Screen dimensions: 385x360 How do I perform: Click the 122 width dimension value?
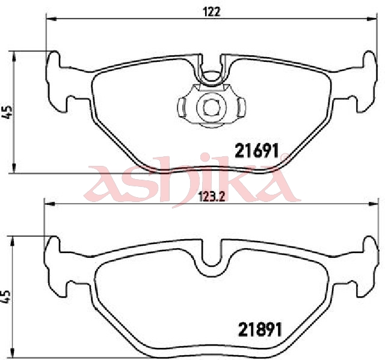pos(211,11)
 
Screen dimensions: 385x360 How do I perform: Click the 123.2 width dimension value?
pos(211,197)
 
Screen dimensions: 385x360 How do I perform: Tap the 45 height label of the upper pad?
pos(7,112)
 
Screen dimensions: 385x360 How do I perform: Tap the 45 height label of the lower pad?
pos(6,296)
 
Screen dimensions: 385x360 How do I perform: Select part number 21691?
pos(257,151)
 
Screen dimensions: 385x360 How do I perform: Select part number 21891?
pos(260,329)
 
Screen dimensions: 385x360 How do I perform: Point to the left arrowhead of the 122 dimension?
pos(52,19)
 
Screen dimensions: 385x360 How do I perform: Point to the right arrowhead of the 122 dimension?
pos(371,19)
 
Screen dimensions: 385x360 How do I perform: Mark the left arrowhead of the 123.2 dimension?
pos(49,204)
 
